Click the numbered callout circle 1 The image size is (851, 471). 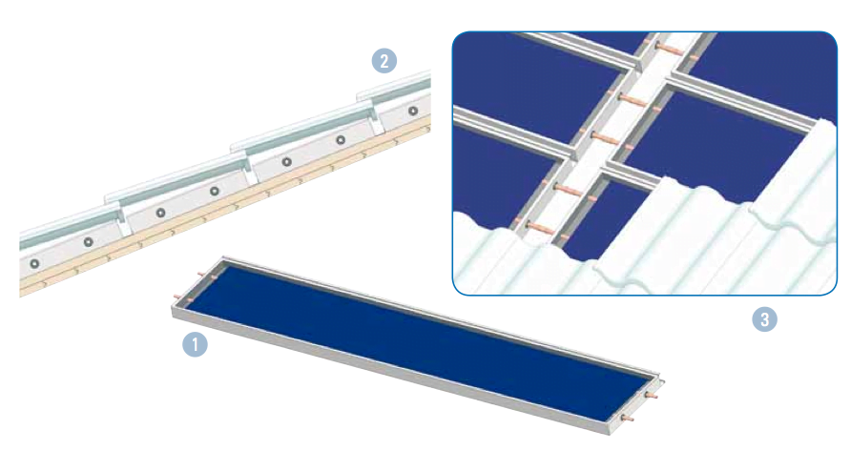[x=195, y=344]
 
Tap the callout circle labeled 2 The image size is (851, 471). [x=384, y=61]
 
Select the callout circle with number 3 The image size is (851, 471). [x=765, y=319]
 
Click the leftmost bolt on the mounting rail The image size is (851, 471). [x=34, y=264]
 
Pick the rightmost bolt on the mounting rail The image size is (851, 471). [x=413, y=111]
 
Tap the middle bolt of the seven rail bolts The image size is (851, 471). [x=215, y=191]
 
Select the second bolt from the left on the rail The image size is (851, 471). [x=88, y=241]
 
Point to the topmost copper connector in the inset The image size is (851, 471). [x=669, y=49]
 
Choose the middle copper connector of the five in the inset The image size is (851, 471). [x=604, y=137]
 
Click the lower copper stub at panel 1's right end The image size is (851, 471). [x=630, y=419]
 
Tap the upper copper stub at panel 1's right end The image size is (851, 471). [x=652, y=395]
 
